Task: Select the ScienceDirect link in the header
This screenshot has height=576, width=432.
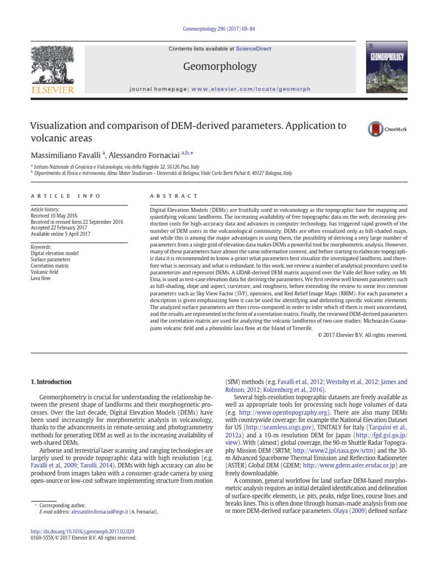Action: coord(253,49)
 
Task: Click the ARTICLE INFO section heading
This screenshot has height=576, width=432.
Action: coord(65,196)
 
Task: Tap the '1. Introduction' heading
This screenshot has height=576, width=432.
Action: coord(51,382)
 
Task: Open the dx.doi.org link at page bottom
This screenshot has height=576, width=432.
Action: coord(82,531)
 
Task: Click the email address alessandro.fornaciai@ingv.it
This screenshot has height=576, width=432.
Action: coord(93,512)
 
